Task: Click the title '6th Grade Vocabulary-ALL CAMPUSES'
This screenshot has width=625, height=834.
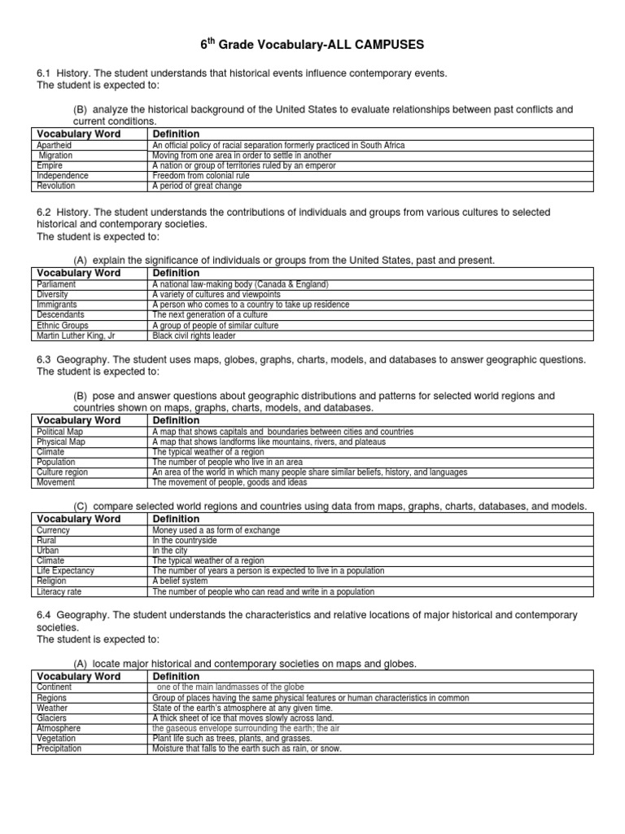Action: (x=312, y=43)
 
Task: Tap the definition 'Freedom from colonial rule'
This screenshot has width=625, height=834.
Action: (x=201, y=175)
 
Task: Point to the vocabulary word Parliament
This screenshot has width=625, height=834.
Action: (x=57, y=284)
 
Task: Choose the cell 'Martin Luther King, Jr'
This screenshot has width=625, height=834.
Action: (x=76, y=335)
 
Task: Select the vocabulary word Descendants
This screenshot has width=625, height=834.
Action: (x=61, y=314)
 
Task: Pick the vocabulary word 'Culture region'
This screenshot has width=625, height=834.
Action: (x=63, y=472)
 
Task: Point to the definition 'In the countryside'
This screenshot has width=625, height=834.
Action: (x=185, y=540)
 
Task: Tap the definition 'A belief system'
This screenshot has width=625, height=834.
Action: (x=181, y=582)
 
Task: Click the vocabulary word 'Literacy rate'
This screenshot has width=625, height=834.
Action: (x=60, y=592)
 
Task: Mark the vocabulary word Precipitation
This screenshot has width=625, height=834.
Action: (x=59, y=748)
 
